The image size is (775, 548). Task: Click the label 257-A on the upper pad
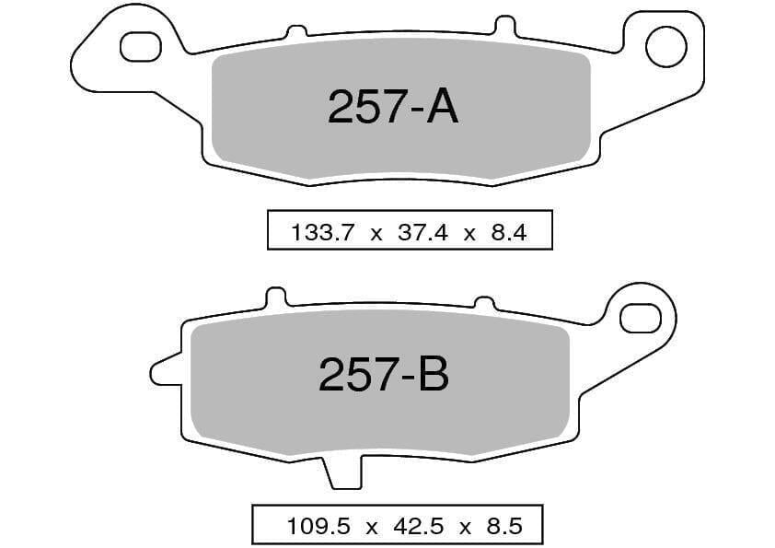click(393, 109)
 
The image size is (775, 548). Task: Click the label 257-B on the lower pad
click(384, 376)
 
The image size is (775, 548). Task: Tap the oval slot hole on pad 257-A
click(141, 46)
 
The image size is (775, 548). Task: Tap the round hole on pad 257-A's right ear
click(665, 46)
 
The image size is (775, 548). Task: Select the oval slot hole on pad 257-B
click(641, 318)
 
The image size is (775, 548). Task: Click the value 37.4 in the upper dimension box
click(422, 233)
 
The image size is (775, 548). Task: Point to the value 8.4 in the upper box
click(508, 233)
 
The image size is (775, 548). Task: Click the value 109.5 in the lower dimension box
click(313, 527)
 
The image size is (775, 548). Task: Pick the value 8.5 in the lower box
click(503, 527)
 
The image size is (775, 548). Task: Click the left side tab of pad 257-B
click(166, 370)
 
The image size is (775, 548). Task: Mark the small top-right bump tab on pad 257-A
click(504, 25)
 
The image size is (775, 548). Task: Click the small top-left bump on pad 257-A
click(295, 32)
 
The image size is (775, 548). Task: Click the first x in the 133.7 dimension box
click(375, 234)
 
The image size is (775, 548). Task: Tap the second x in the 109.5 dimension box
click(466, 528)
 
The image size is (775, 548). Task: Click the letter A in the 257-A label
click(442, 109)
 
